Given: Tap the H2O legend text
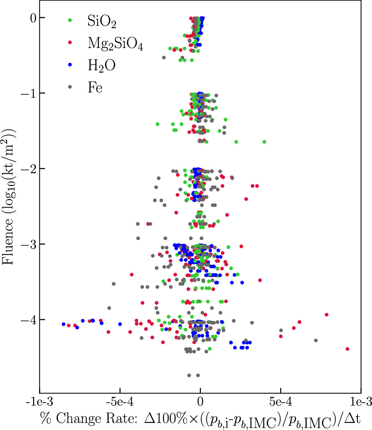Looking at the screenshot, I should [x=102, y=66].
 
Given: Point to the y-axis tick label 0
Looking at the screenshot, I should [x=32, y=17].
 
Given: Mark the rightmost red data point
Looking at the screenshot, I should [x=347, y=349].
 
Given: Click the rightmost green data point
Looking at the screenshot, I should [x=264, y=142].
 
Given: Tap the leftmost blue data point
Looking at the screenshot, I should [x=64, y=324].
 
